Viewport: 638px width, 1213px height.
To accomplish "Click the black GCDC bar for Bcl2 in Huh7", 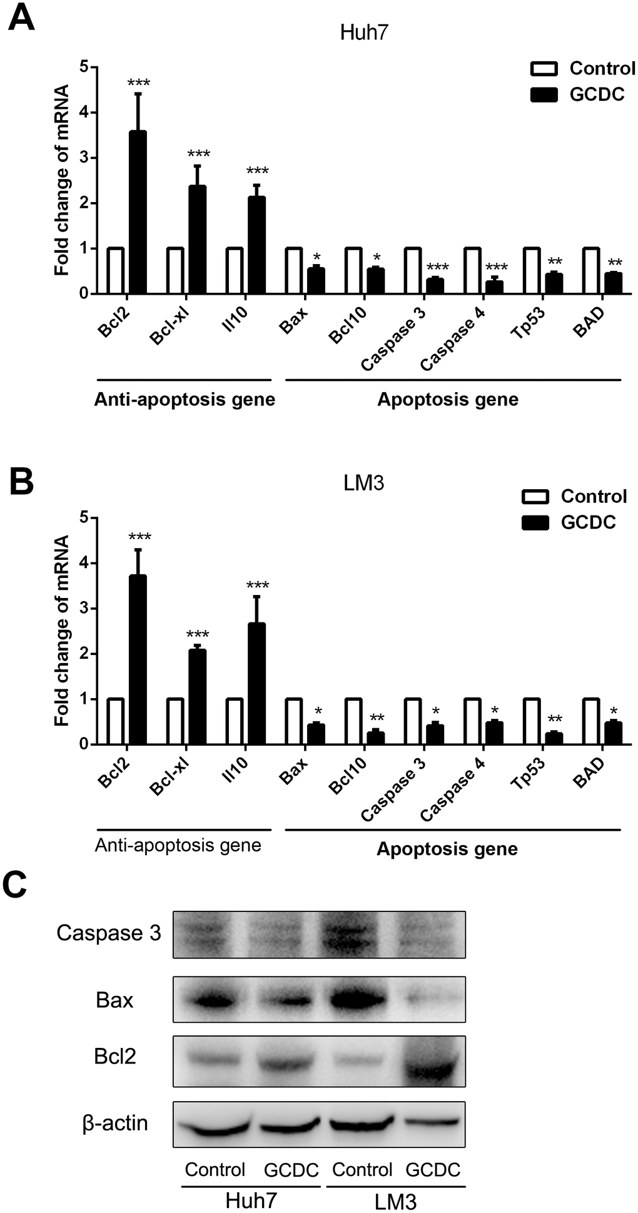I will pyautogui.click(x=137, y=213).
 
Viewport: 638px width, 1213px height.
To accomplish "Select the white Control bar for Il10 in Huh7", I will pyautogui.click(x=235, y=271).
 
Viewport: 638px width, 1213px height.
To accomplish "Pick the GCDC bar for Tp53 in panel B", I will pyautogui.click(x=554, y=738).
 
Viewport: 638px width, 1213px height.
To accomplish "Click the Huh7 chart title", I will pyautogui.click(x=364, y=33).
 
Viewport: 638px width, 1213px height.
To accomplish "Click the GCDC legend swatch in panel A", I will pyautogui.click(x=544, y=94).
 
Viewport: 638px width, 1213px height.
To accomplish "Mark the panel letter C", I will pyautogui.click(x=15, y=886).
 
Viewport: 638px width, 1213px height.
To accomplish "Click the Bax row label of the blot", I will pyautogui.click(x=114, y=1000).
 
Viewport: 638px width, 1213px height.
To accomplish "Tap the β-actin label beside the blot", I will pyautogui.click(x=115, y=1123).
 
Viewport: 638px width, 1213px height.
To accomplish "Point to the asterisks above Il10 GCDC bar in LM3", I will pyautogui.click(x=257, y=586).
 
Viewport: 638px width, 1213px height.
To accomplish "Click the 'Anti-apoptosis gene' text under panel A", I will pyautogui.click(x=185, y=400).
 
